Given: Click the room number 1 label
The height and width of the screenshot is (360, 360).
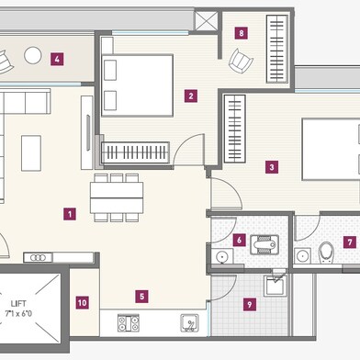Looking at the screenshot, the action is tap(70, 214).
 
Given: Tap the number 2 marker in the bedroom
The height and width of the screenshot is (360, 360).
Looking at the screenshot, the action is tap(191, 96).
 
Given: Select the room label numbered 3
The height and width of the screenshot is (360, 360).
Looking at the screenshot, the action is tap(272, 167).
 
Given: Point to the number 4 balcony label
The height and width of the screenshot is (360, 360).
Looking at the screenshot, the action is tap(57, 59).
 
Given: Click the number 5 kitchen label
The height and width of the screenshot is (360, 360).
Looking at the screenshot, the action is tap(141, 297).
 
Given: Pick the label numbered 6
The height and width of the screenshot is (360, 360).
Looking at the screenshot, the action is tap(239, 240).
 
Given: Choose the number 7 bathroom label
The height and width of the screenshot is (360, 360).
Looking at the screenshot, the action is tap(350, 242).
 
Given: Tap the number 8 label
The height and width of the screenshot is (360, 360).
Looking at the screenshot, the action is tap(242, 33).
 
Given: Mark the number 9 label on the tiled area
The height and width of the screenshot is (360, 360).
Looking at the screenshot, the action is tap(250, 305).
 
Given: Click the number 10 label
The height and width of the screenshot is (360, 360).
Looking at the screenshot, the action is tap(82, 303).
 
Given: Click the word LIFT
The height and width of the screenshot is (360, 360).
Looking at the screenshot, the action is tap(18, 304).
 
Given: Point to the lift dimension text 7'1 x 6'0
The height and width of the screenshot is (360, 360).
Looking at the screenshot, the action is tap(18, 313).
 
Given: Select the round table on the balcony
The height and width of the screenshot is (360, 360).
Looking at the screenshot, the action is tap(33, 55).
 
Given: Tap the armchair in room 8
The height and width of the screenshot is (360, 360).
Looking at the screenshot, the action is tap(241, 61).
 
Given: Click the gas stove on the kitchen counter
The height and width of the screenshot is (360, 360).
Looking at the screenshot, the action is tap(129, 323).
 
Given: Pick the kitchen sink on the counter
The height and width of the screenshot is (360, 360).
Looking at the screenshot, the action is tap(189, 322).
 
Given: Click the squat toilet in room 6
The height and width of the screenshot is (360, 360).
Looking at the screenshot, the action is tap(264, 245).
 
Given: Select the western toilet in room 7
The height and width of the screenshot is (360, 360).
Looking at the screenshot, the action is tap(326, 253).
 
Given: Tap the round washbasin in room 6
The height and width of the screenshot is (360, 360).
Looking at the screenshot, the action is tap(221, 256).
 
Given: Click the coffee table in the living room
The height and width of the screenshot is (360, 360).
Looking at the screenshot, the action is tap(31, 153).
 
